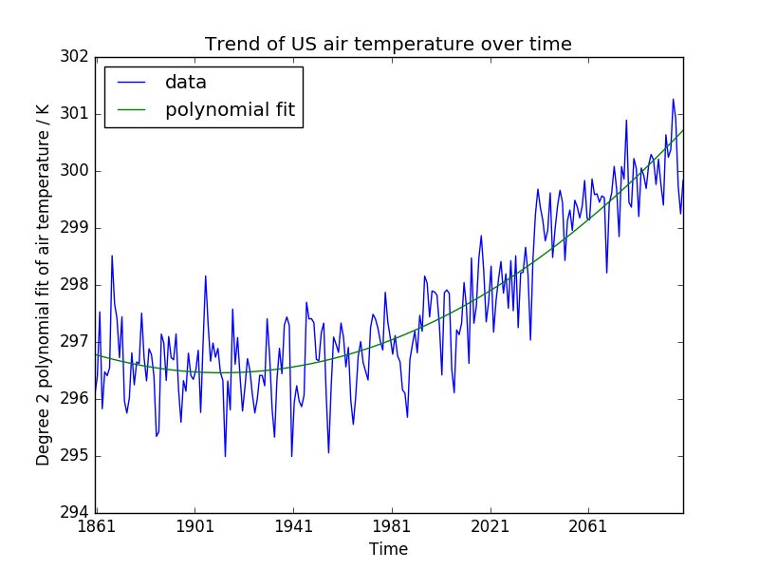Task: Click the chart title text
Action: pyautogui.click(x=388, y=44)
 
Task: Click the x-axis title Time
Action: pyautogui.click(x=389, y=549)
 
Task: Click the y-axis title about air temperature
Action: pyautogui.click(x=44, y=285)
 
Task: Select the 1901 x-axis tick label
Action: pyautogui.click(x=194, y=526)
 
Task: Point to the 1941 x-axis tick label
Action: pyautogui.click(x=292, y=526)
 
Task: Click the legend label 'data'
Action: pyautogui.click(x=186, y=83)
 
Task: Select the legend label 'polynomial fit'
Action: pyautogui.click(x=230, y=110)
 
